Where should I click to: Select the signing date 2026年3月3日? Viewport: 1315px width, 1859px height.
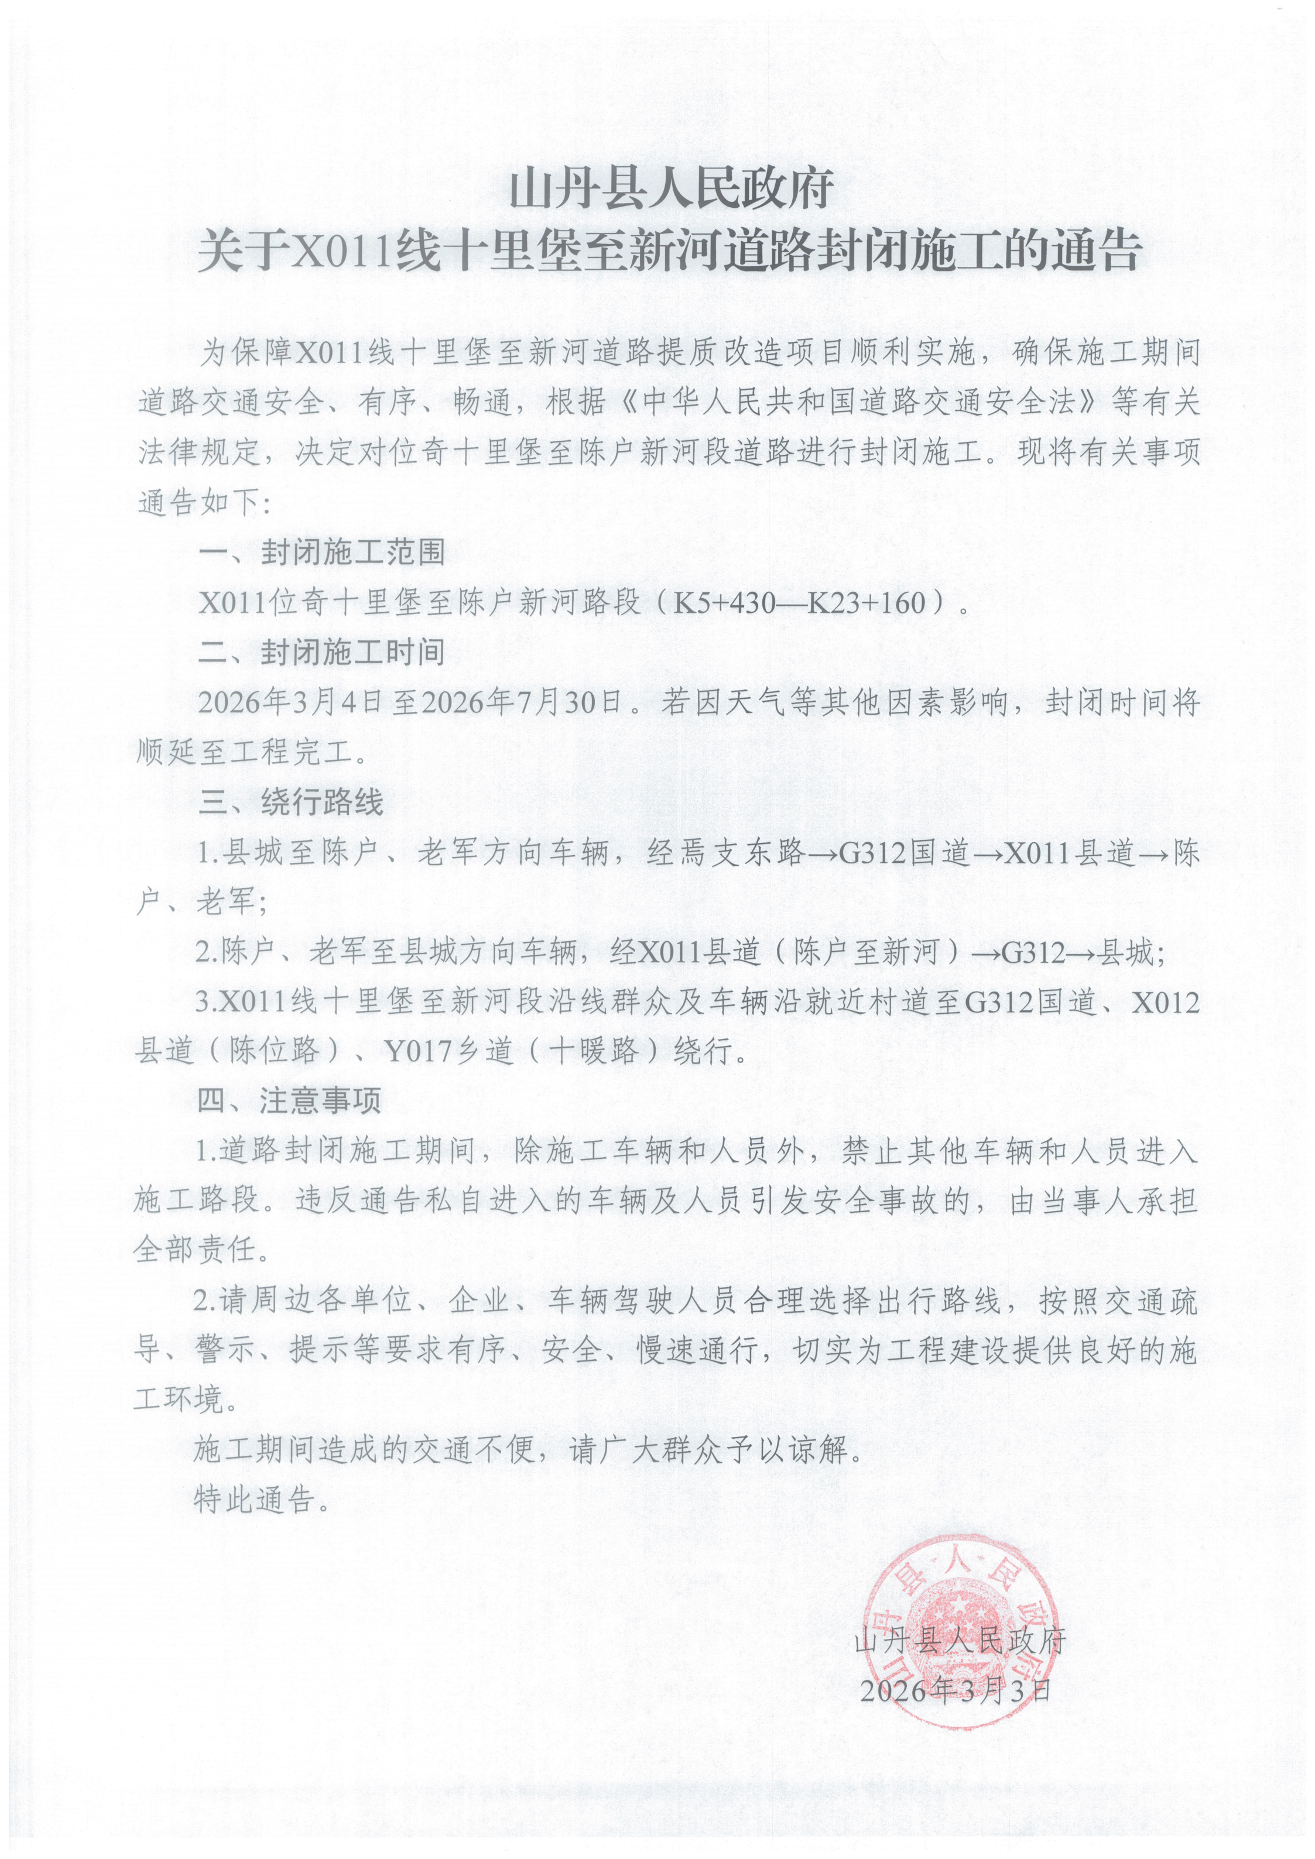point(956,1690)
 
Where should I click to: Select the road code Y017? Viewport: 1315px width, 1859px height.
point(415,1052)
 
